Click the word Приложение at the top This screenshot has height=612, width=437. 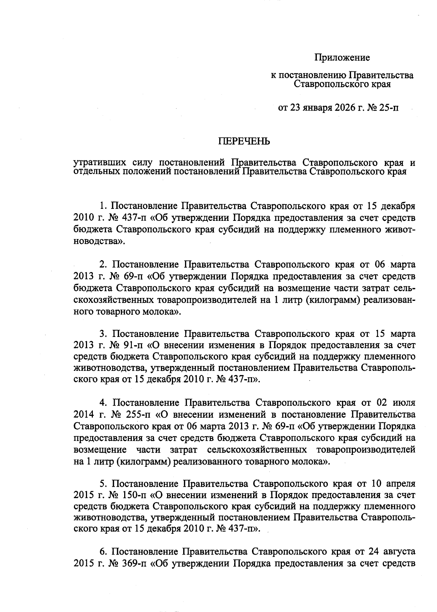[x=342, y=57]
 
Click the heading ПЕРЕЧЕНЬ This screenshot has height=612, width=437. [x=244, y=142]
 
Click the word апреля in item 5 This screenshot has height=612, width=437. [x=401, y=484]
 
